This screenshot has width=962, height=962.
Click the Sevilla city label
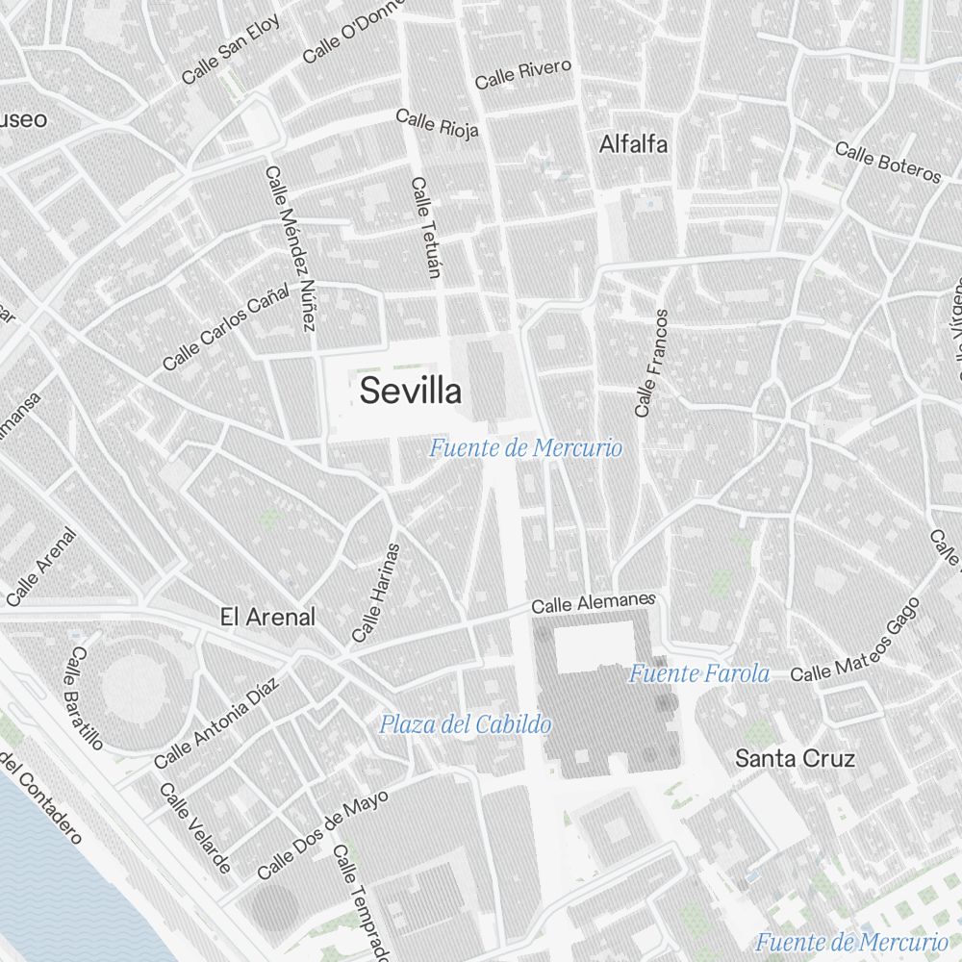(x=411, y=392)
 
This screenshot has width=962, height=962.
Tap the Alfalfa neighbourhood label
(x=633, y=145)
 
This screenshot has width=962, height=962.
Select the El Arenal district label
(x=267, y=617)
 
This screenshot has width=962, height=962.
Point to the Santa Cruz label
(x=795, y=758)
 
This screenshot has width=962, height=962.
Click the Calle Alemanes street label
(x=593, y=603)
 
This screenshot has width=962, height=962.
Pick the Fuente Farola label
(x=699, y=673)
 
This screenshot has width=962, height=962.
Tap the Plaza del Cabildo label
(x=465, y=724)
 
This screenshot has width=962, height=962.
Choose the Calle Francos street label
(x=650, y=363)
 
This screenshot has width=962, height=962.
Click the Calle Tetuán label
(x=424, y=227)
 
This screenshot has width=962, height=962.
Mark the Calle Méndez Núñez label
(x=291, y=248)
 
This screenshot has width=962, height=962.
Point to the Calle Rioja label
(x=437, y=124)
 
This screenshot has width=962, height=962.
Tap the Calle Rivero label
(x=523, y=74)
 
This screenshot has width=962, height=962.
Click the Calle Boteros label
(x=887, y=163)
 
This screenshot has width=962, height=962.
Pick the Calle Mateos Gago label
(x=855, y=641)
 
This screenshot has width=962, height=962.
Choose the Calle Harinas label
(x=375, y=593)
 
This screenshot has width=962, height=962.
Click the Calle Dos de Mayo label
(x=323, y=834)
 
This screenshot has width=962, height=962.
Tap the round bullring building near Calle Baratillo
(x=135, y=686)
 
